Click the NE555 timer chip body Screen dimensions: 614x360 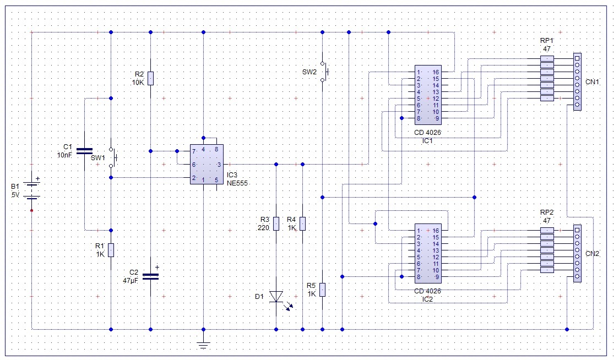tap(207, 165)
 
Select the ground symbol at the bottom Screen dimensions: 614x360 tap(203, 345)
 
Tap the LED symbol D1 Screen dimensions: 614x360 tap(276, 296)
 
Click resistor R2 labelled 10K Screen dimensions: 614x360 tap(151, 78)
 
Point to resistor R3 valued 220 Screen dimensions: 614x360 tap(276, 224)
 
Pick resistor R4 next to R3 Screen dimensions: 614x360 tap(302, 224)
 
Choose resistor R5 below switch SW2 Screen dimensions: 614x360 tap(322, 290)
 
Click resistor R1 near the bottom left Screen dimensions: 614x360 tap(111, 250)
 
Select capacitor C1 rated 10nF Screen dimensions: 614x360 tap(85, 151)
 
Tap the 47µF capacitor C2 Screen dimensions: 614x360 tap(151, 276)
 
